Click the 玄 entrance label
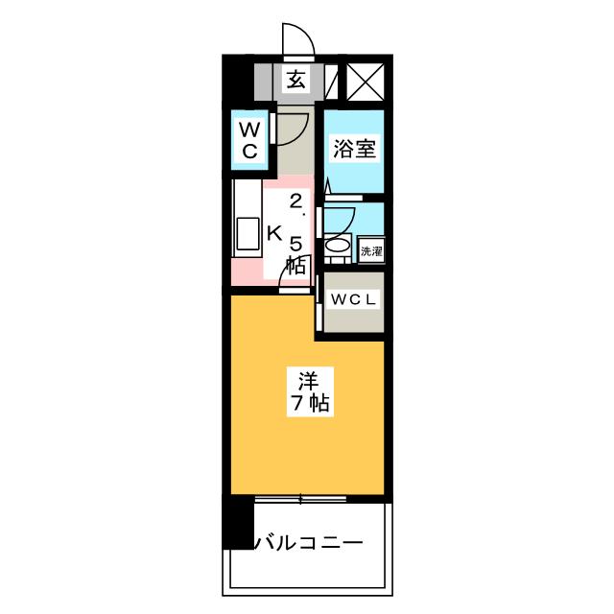[296, 81]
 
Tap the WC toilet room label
[249, 140]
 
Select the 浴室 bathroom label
[355, 149]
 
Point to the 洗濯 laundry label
[371, 251]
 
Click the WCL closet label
[353, 299]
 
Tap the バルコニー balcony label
[309, 543]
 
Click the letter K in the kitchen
[274, 234]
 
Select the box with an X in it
[366, 81]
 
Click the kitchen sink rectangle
[248, 234]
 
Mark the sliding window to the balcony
[300, 499]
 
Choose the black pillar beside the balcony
[238, 522]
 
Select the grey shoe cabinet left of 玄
[263, 82]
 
